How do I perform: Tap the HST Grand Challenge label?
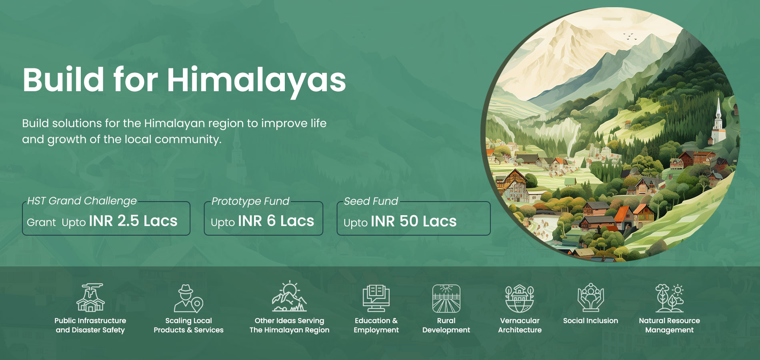point(82,201)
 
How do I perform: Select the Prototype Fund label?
point(250,201)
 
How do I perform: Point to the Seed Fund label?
point(371,201)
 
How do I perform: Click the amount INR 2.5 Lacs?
point(133,221)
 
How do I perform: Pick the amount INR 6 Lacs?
point(276,221)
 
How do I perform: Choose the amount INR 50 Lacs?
point(414,221)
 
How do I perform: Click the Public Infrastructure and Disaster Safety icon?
point(90,298)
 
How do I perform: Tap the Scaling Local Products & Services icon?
point(188,298)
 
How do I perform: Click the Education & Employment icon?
point(376,298)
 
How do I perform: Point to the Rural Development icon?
point(446,298)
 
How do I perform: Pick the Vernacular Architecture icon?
point(520,298)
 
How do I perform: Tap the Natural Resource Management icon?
point(669,298)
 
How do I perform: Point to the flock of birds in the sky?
point(629,36)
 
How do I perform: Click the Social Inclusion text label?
point(590,320)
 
